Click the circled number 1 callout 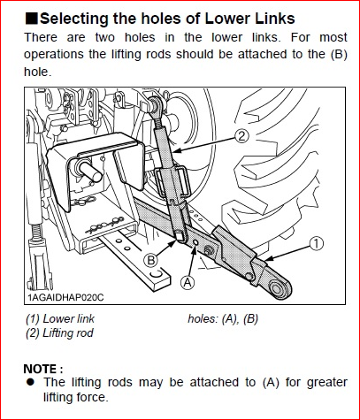[x=316, y=244]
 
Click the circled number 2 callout [x=241, y=137]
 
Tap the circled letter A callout [x=188, y=283]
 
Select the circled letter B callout [x=150, y=261]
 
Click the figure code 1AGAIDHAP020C [x=65, y=297]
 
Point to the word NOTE [x=41, y=369]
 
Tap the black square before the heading [x=31, y=19]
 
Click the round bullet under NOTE [x=30, y=382]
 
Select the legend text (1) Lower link [x=60, y=318]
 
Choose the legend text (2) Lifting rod [x=59, y=333]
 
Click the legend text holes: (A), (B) [x=223, y=318]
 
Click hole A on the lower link [x=195, y=242]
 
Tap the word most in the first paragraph [x=333, y=38]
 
